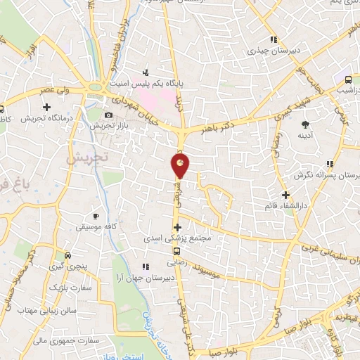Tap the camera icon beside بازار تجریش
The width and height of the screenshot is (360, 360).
click(108, 115)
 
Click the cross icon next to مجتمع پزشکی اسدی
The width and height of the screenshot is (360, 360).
click(177, 227)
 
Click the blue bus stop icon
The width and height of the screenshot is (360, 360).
click(348, 79)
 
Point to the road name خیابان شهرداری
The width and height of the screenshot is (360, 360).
click(144, 110)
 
